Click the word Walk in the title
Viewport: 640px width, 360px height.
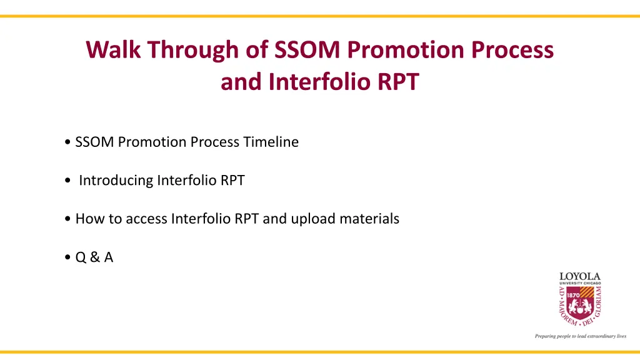coord(113,49)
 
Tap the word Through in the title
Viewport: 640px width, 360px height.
coord(192,51)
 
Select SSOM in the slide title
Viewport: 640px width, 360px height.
coord(307,49)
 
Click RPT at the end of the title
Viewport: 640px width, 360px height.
coord(398,82)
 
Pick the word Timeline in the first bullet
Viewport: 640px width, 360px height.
coord(271,142)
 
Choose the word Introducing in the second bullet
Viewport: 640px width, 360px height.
coord(116,181)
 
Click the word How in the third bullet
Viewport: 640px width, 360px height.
coord(90,219)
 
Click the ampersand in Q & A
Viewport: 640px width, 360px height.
coord(95,257)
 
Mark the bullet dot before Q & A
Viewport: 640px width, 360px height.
coord(67,257)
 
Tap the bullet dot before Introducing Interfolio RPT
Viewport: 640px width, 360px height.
coord(67,181)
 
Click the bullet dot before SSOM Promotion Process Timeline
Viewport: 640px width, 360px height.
coord(67,142)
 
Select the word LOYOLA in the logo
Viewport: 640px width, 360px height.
coord(579,277)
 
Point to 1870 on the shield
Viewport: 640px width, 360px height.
coord(573,295)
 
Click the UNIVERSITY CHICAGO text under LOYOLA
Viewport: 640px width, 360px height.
coord(580,283)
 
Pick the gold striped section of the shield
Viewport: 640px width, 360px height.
coord(587,292)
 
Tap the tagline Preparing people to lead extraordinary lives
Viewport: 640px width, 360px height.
coord(581,336)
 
